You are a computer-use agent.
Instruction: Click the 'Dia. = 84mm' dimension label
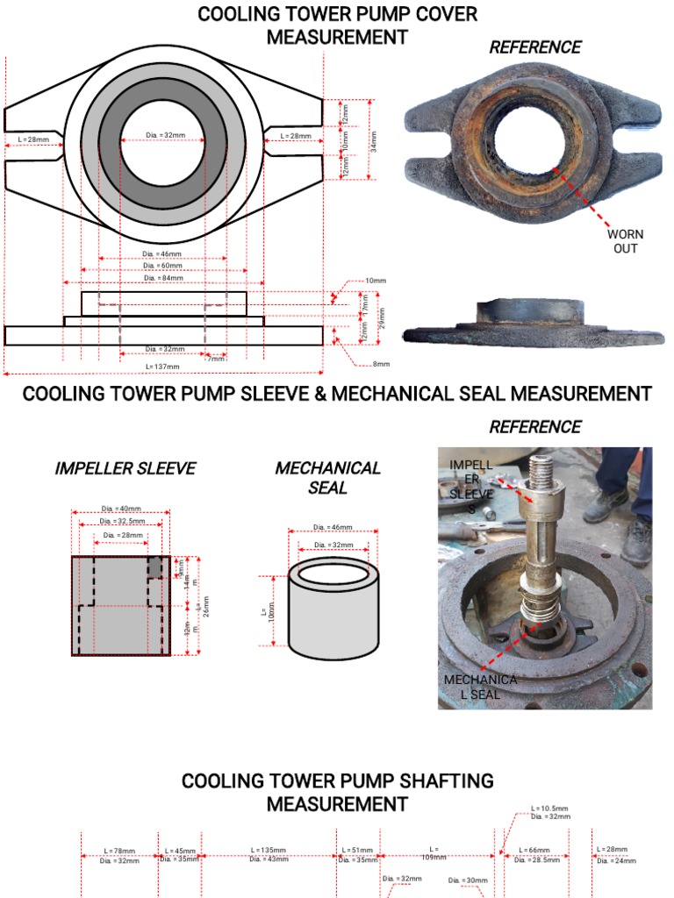(164, 278)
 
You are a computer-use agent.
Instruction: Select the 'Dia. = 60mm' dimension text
(164, 266)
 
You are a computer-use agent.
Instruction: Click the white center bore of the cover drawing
(163, 145)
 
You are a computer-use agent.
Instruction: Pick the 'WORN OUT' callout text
(626, 241)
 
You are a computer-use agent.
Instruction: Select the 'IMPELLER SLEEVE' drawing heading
(125, 468)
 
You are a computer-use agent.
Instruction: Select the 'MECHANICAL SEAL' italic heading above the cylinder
(327, 477)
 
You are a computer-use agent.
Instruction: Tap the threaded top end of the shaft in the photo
(539, 470)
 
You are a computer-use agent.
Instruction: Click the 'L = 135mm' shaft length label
(269, 850)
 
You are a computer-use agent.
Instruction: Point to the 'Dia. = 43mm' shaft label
(269, 859)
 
